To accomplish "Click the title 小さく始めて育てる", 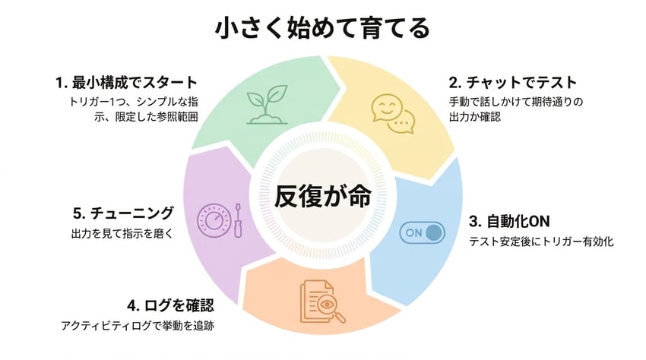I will point(322,29).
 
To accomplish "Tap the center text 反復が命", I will point(323,196).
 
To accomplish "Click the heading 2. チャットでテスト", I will point(514,82).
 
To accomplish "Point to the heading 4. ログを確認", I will point(170,306).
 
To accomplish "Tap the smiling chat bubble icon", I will point(393,112).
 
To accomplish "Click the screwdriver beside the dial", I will point(237,220).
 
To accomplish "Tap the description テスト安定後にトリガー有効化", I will point(541,242).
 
